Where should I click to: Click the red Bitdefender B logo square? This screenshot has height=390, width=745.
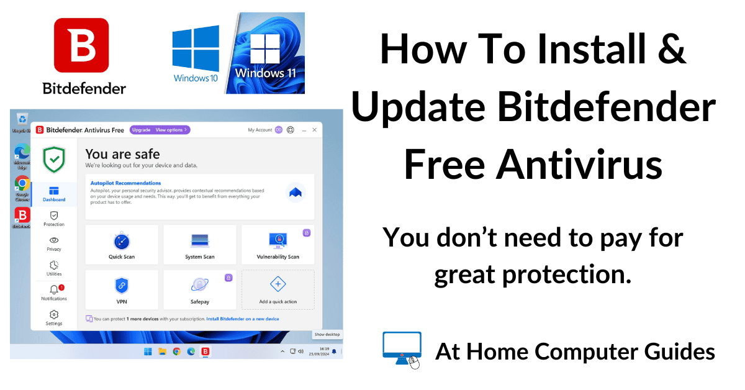[x=81, y=45]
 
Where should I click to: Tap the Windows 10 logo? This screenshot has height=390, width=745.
[x=196, y=52]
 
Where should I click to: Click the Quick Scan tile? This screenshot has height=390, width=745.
[x=121, y=245]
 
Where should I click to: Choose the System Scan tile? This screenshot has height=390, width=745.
[x=200, y=245]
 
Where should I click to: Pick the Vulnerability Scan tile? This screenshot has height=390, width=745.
[x=278, y=245]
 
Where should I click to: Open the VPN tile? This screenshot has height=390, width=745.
[x=121, y=289]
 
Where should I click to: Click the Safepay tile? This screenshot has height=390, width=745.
[x=200, y=289]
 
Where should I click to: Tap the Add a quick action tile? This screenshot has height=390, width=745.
[x=278, y=289]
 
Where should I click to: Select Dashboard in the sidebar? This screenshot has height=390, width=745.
[x=54, y=194]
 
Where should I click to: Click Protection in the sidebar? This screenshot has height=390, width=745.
[x=54, y=219]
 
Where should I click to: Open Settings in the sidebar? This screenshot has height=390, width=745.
[x=54, y=318]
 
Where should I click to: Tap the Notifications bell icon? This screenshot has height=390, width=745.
[x=54, y=290]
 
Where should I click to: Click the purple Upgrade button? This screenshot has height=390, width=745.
[x=141, y=130]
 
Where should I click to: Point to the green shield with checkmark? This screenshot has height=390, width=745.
[x=54, y=160]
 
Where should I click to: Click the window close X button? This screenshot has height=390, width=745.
[x=315, y=130]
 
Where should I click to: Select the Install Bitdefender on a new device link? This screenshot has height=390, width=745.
[x=243, y=319]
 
